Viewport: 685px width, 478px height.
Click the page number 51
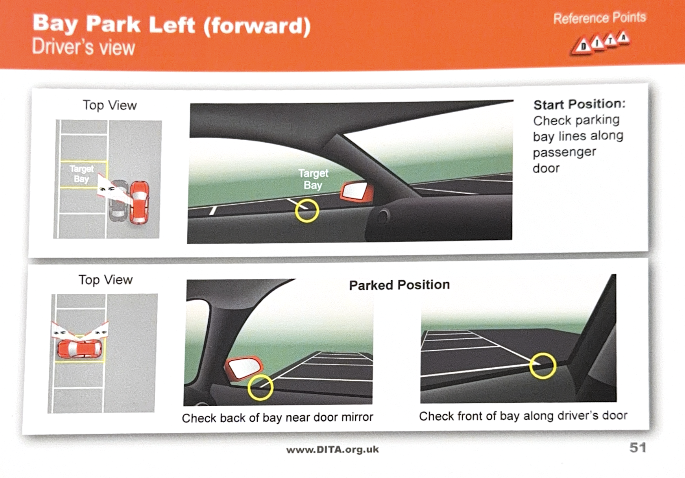point(638,447)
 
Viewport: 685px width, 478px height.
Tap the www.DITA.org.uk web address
point(333,450)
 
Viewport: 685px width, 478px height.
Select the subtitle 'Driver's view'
point(83,47)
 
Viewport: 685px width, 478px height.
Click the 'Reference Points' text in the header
point(599,18)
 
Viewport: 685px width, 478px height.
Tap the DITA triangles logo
point(600,43)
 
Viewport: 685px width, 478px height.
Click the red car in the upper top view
point(139,202)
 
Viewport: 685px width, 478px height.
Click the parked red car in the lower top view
point(80,349)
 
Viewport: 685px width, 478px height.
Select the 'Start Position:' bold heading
point(579,104)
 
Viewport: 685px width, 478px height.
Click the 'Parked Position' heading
point(399,285)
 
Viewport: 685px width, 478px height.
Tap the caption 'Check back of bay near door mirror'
point(278,418)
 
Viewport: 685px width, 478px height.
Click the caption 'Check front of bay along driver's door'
point(523,415)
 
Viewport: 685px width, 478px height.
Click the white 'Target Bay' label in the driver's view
point(313,179)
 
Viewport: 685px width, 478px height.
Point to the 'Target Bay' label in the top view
point(82,174)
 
